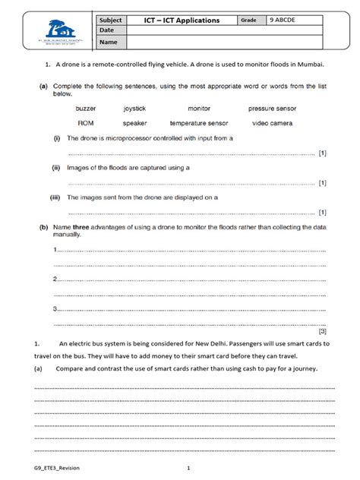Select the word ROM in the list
pos(86,122)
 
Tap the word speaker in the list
pos(135,122)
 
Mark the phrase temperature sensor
pos(198,122)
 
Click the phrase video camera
pos(271,122)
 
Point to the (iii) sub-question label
pos(55,197)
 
